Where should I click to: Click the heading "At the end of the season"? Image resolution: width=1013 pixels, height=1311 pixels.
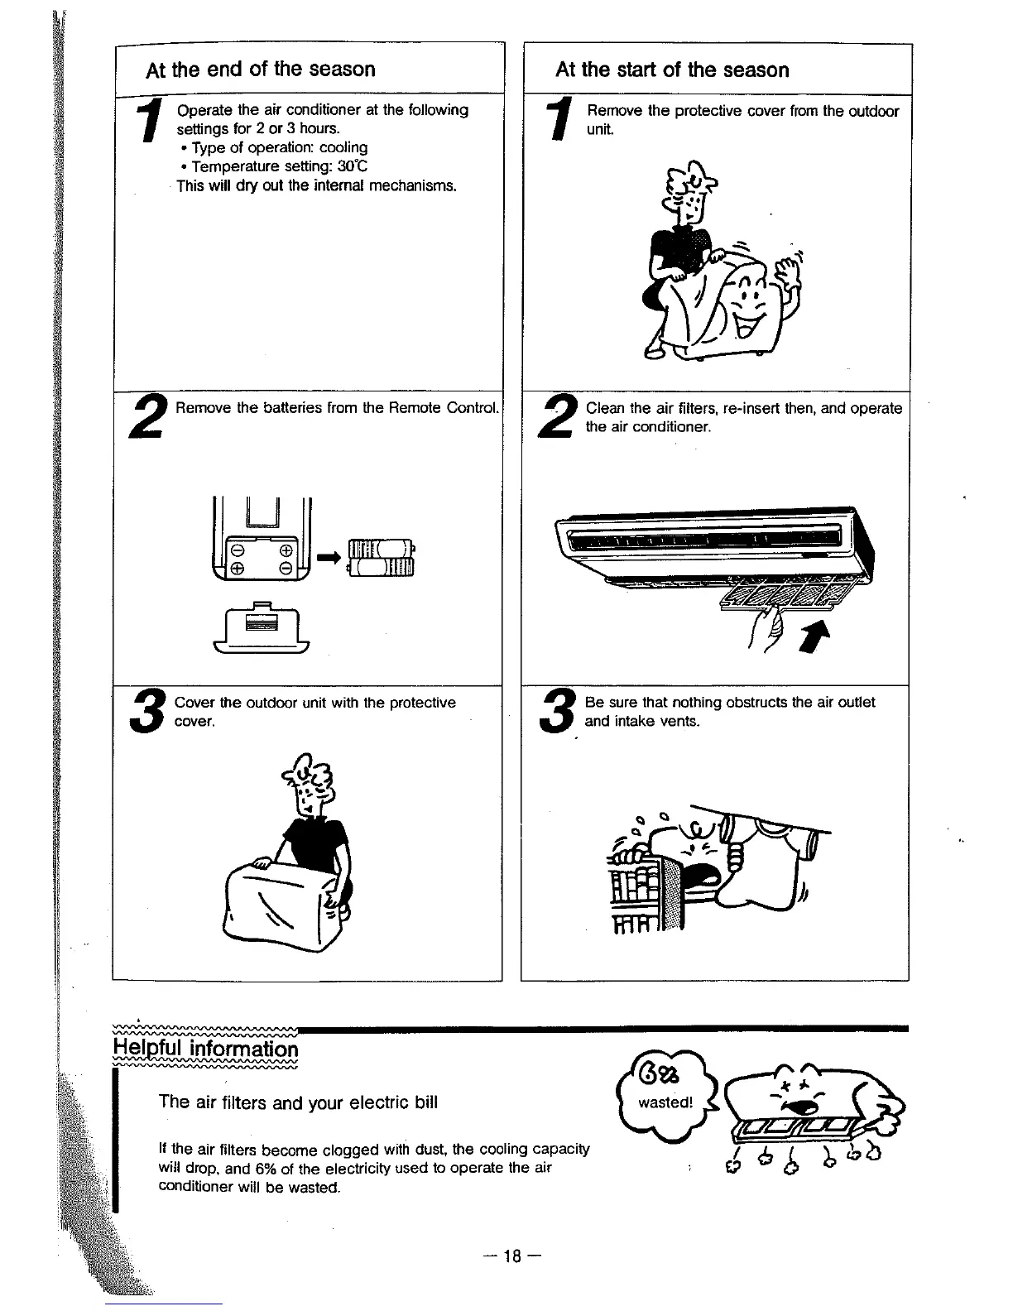tap(260, 69)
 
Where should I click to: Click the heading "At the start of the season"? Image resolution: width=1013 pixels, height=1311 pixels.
tap(672, 70)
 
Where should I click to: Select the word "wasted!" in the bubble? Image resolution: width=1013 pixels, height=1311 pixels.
tap(665, 1102)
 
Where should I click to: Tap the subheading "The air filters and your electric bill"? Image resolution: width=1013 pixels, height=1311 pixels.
tap(298, 1102)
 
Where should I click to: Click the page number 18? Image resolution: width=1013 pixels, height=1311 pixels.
tap(512, 1256)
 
